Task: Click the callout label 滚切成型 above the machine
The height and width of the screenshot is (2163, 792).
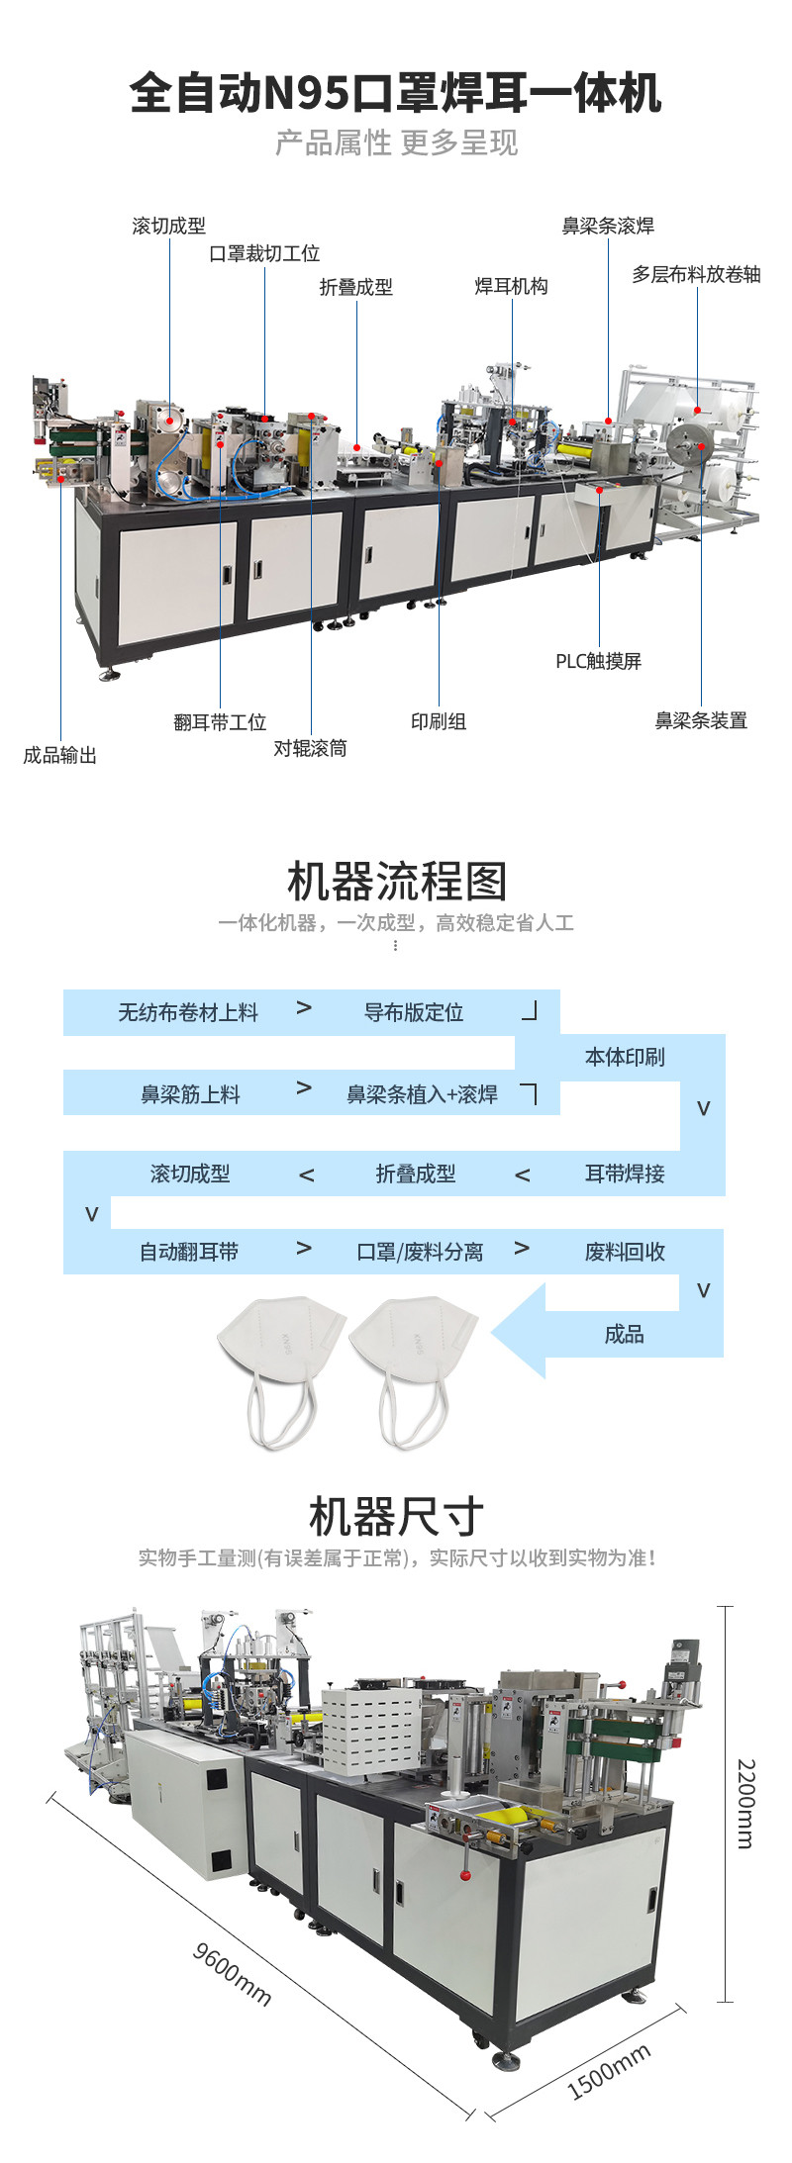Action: point(169,226)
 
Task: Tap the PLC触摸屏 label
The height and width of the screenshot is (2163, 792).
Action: point(598,661)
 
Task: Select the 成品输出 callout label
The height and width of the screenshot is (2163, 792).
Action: point(60,755)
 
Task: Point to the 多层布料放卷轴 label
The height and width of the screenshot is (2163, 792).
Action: point(696,274)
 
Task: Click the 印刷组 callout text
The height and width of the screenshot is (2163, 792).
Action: point(439,721)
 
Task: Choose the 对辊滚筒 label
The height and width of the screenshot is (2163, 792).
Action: point(311,748)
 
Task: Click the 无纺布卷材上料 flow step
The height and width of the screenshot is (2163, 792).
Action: point(188,1012)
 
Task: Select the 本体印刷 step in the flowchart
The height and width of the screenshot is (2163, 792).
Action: point(625,1057)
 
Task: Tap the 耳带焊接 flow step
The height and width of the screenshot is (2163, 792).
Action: point(625,1174)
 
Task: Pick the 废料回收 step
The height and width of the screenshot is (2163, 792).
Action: point(625,1252)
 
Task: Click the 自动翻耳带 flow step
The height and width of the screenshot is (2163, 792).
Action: point(189,1252)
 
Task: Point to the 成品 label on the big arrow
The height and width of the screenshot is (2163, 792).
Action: point(625,1334)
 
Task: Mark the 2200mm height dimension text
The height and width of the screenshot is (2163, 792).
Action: point(745,1804)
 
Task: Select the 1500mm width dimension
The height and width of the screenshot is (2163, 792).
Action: point(609,2072)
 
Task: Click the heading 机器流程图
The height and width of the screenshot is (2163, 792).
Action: point(396,881)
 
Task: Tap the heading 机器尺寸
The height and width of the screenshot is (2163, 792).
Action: point(396,1516)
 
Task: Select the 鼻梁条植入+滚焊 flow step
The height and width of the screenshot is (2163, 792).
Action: point(422,1094)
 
